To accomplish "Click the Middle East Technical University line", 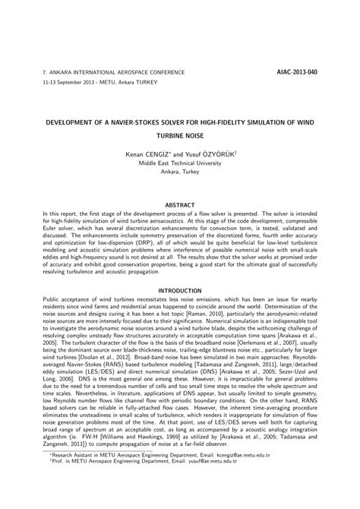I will [180, 162].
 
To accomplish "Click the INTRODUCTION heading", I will [180, 290].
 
